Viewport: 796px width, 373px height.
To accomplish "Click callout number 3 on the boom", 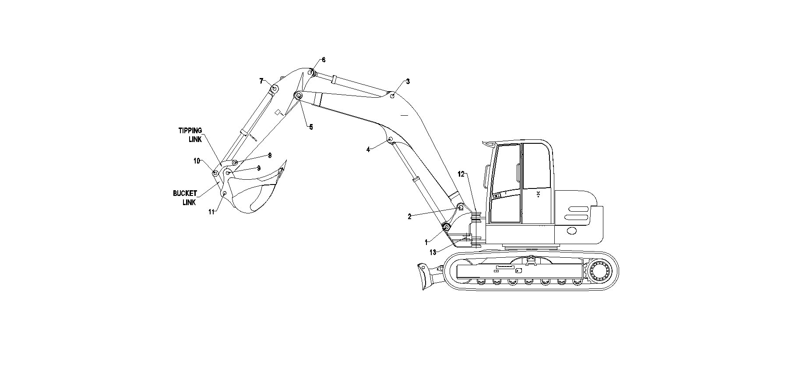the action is pyautogui.click(x=408, y=82).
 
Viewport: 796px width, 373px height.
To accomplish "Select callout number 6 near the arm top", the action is pyautogui.click(x=324, y=60).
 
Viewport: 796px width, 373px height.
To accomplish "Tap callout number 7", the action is pyautogui.click(x=261, y=81).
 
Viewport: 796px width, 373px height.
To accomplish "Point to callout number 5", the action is pyautogui.click(x=311, y=127).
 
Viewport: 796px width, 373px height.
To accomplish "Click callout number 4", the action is pyautogui.click(x=368, y=149).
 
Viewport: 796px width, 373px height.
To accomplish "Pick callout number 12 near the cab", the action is pyautogui.click(x=461, y=174).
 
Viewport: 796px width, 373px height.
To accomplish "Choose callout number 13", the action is pyautogui.click(x=433, y=252).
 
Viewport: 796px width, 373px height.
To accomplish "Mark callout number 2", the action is pyautogui.click(x=410, y=217).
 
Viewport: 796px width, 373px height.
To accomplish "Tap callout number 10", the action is pyautogui.click(x=197, y=161).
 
